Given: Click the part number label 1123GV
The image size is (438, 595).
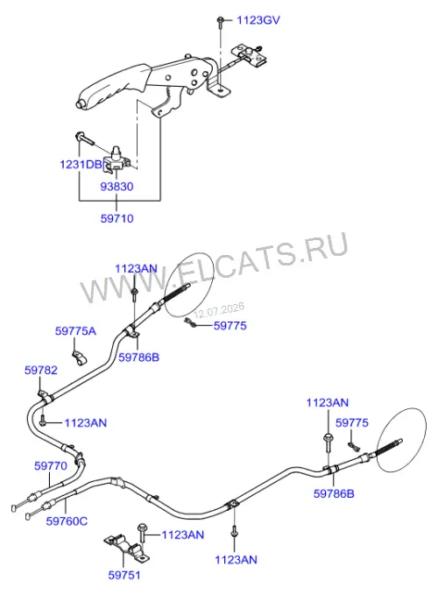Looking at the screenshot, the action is coord(258,20).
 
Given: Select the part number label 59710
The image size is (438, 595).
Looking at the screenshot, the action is coord(117,218).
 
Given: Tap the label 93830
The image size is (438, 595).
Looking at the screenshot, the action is coord(117,187).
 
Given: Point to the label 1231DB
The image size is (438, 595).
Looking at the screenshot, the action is coord(81,165).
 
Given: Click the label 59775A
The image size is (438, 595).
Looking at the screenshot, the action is coord(76,331).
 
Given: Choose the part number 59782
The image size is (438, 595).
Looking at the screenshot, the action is coord(41,370).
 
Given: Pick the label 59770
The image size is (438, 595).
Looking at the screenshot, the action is coord(51,465).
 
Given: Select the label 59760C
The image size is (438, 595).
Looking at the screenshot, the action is coord(67,521).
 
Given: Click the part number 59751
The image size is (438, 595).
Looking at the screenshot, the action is coord(124,575).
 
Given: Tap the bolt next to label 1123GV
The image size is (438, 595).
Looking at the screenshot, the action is coord(220,22).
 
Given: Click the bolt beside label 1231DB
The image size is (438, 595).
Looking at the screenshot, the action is coord(85,138).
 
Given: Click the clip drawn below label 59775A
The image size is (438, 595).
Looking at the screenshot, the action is coord(79,358).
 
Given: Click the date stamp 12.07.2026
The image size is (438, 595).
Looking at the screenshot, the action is coord(219,310).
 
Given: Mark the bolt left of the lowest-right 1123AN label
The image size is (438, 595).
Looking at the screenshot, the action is coord(235,532).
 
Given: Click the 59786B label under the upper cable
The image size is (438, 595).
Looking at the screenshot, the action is coord(138,357).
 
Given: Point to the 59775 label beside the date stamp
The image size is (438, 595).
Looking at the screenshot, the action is coord(230,326).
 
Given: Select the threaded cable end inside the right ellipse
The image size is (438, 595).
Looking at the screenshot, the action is coord(388,446).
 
